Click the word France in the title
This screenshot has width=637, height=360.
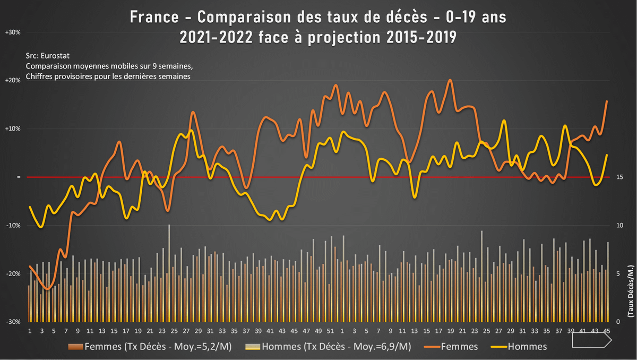[x=154, y=18]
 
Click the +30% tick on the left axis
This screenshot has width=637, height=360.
[x=12, y=32]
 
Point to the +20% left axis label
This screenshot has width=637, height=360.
[x=12, y=81]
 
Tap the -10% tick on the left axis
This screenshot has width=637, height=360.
[x=12, y=226]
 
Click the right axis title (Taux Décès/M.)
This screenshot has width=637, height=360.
[x=630, y=300]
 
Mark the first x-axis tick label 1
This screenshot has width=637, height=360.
[x=30, y=331]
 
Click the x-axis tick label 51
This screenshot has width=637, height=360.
[x=330, y=331]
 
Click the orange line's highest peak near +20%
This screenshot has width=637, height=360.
[x=450, y=80]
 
